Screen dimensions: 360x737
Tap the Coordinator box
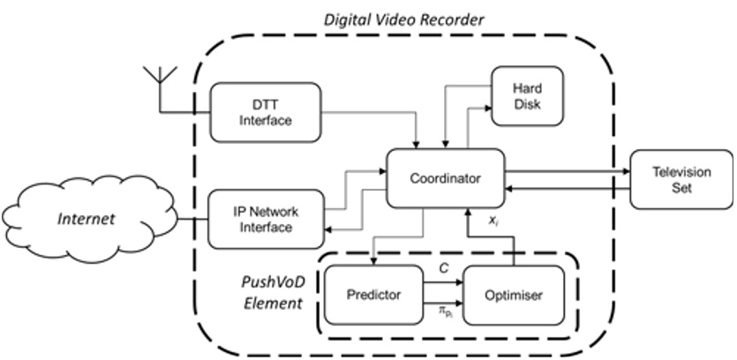click(445, 178)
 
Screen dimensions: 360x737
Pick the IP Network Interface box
click(265, 220)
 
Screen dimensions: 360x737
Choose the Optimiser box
click(514, 295)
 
